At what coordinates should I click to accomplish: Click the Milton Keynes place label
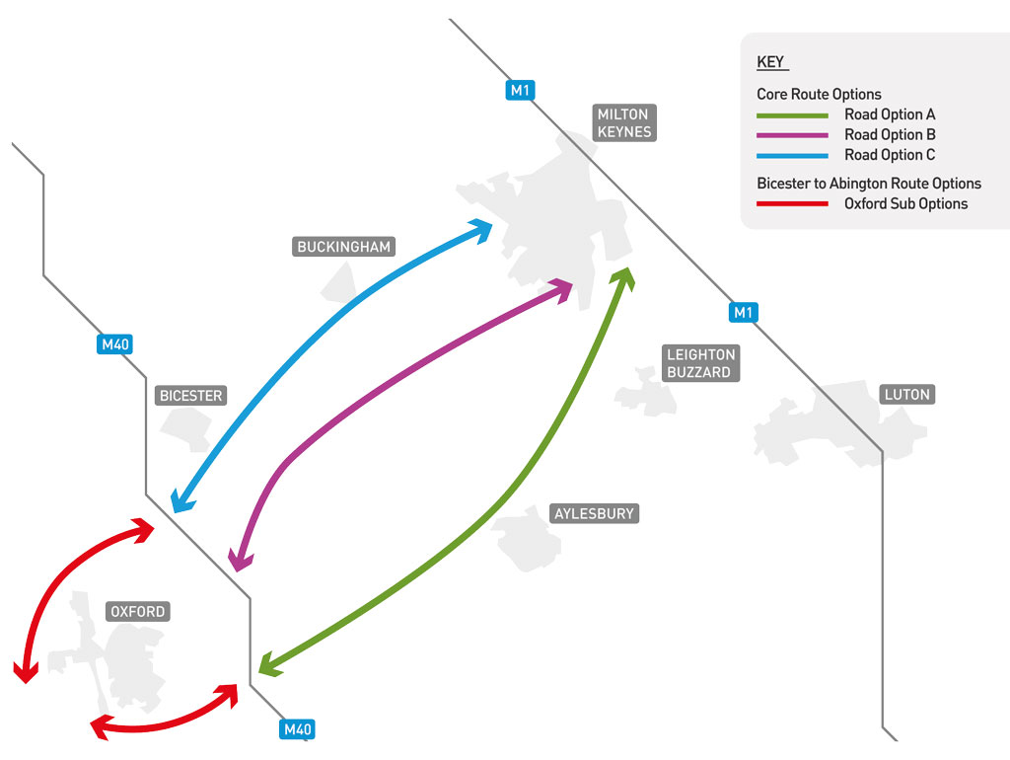pos(623,123)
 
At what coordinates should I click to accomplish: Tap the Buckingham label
pos(344,247)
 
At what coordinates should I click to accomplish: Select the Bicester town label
pos(191,396)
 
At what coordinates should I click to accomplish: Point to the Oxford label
pos(138,612)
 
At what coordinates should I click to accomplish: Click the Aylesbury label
pos(594,513)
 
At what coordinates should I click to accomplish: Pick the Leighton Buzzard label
pos(700,363)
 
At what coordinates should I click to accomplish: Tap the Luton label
pos(906,395)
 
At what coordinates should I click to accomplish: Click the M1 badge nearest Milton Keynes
pos(521,91)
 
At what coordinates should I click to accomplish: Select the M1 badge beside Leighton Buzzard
pos(743,313)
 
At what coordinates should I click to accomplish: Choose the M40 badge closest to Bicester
pos(115,344)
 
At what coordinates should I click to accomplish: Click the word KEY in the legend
pos(770,62)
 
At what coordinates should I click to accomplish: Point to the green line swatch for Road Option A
pos(792,115)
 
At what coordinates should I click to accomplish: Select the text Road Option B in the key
pos(890,135)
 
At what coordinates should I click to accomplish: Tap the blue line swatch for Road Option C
pos(792,156)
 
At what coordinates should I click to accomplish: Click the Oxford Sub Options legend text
pos(905,204)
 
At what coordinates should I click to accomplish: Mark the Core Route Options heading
pos(819,95)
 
